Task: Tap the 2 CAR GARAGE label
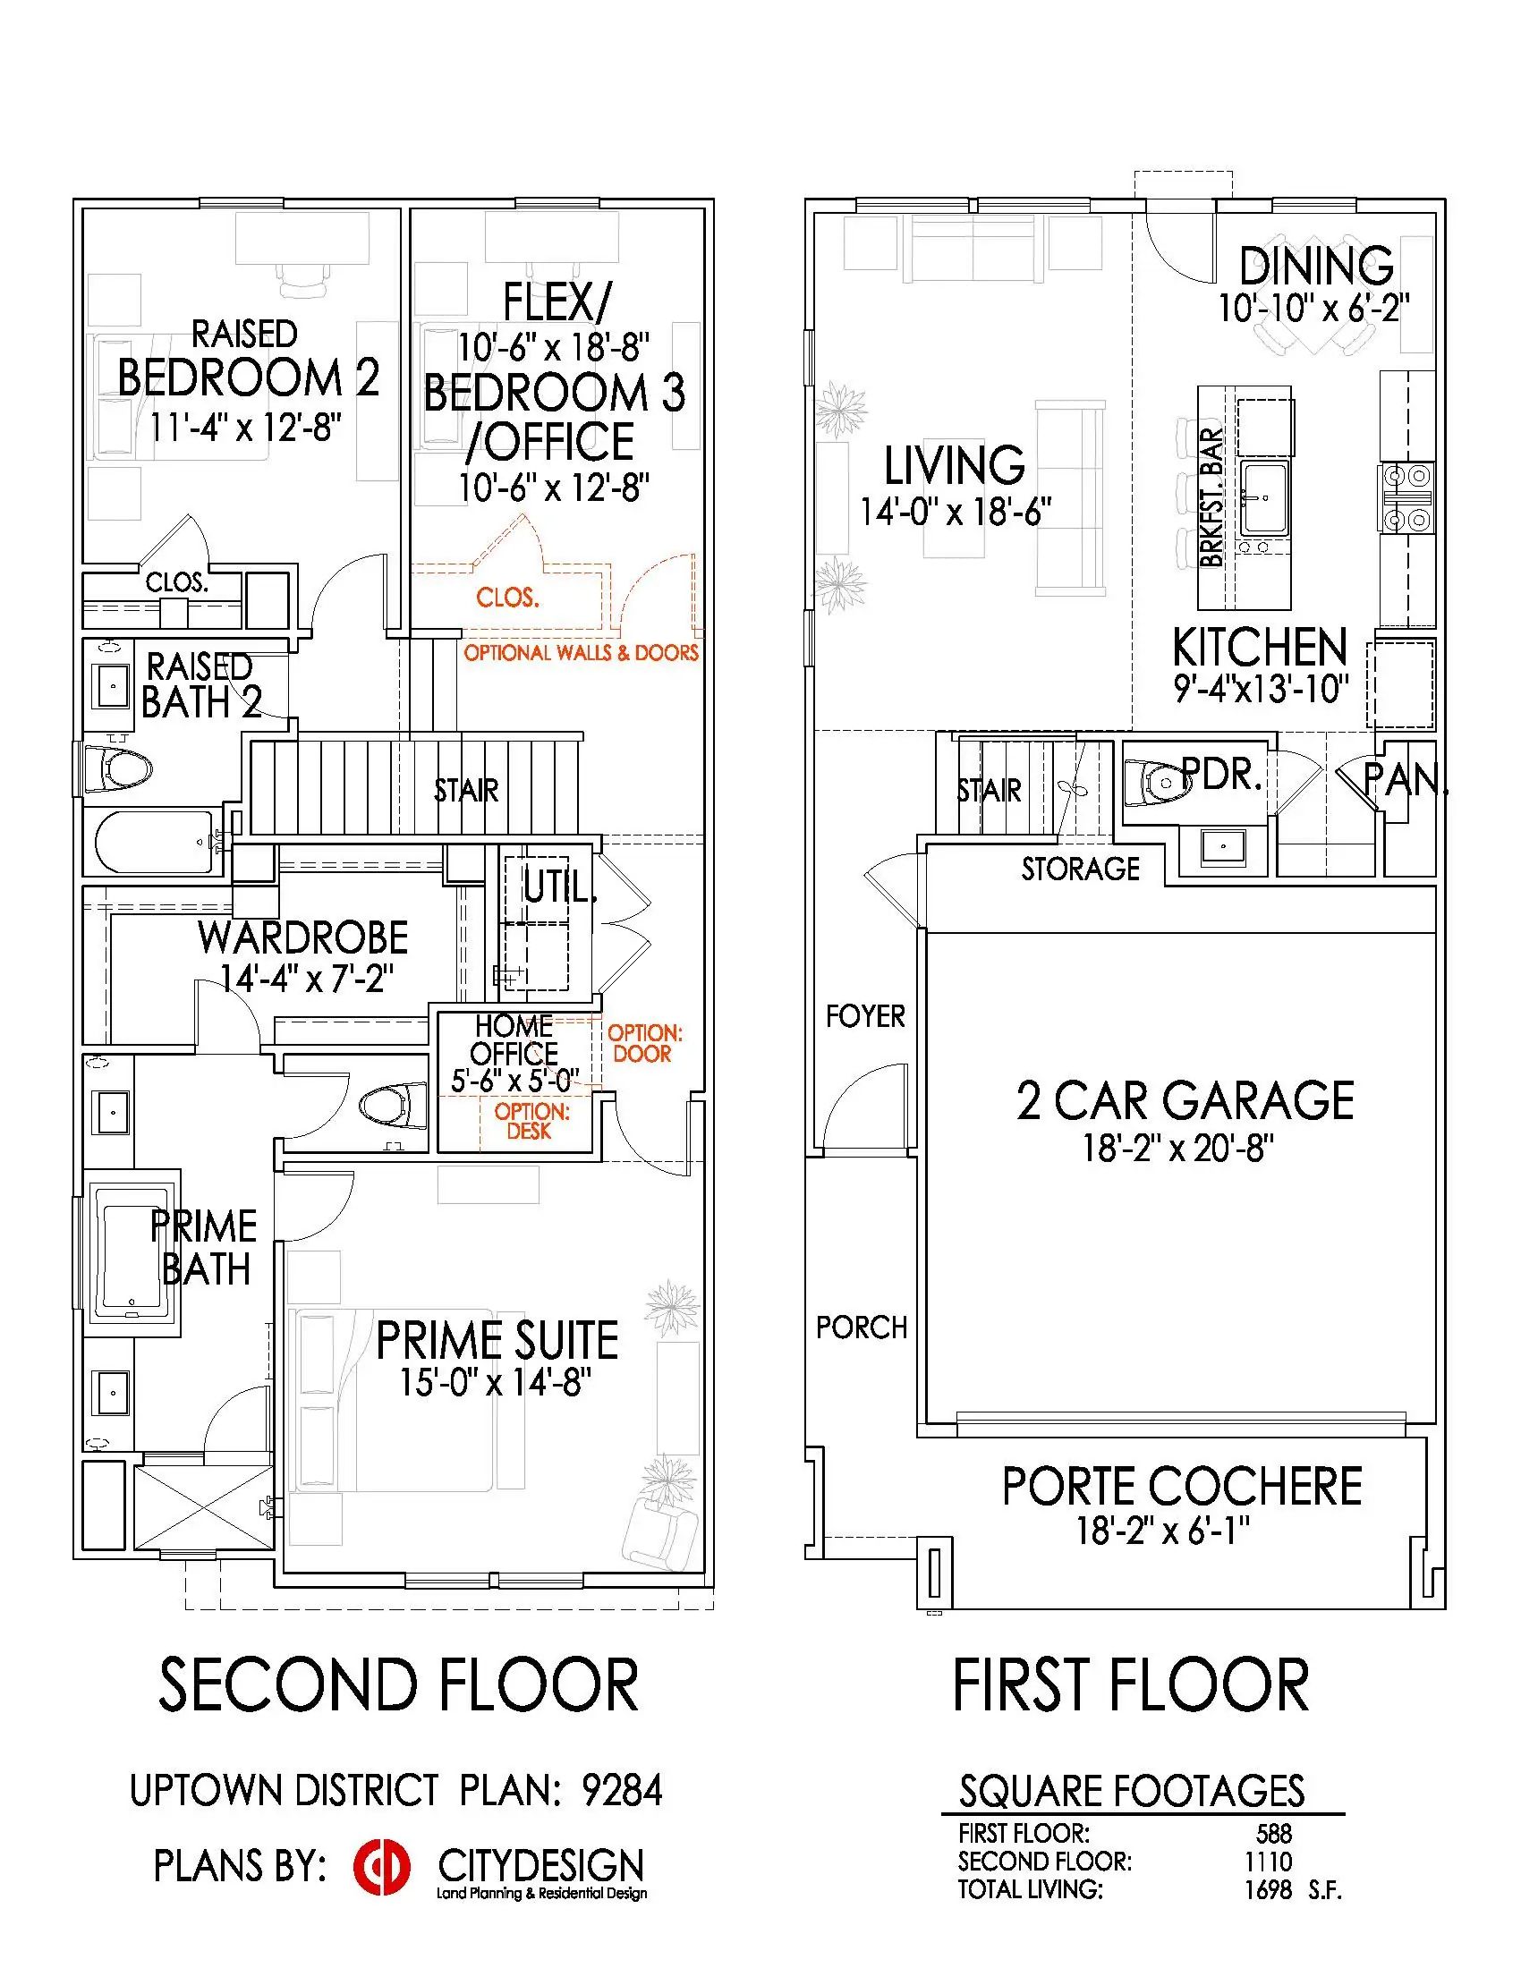click(1185, 1100)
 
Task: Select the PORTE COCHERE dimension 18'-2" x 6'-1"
click(1162, 1530)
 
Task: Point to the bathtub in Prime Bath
click(132, 1245)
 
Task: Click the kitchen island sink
click(1265, 497)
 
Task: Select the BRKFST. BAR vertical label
click(1213, 497)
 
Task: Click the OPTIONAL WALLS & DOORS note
click(582, 652)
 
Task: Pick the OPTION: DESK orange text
click(531, 1121)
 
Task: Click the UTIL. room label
click(559, 888)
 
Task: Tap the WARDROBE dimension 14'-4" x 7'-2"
click(306, 978)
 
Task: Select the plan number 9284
click(622, 1790)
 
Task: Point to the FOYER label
click(865, 1016)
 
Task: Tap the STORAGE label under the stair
click(1081, 869)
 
